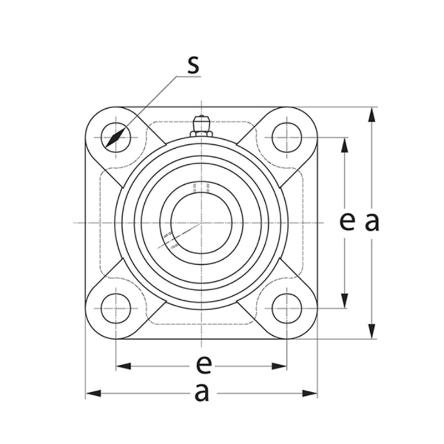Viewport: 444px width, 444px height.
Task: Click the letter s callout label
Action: (x=194, y=65)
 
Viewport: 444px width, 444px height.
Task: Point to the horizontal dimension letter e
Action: (x=204, y=365)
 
